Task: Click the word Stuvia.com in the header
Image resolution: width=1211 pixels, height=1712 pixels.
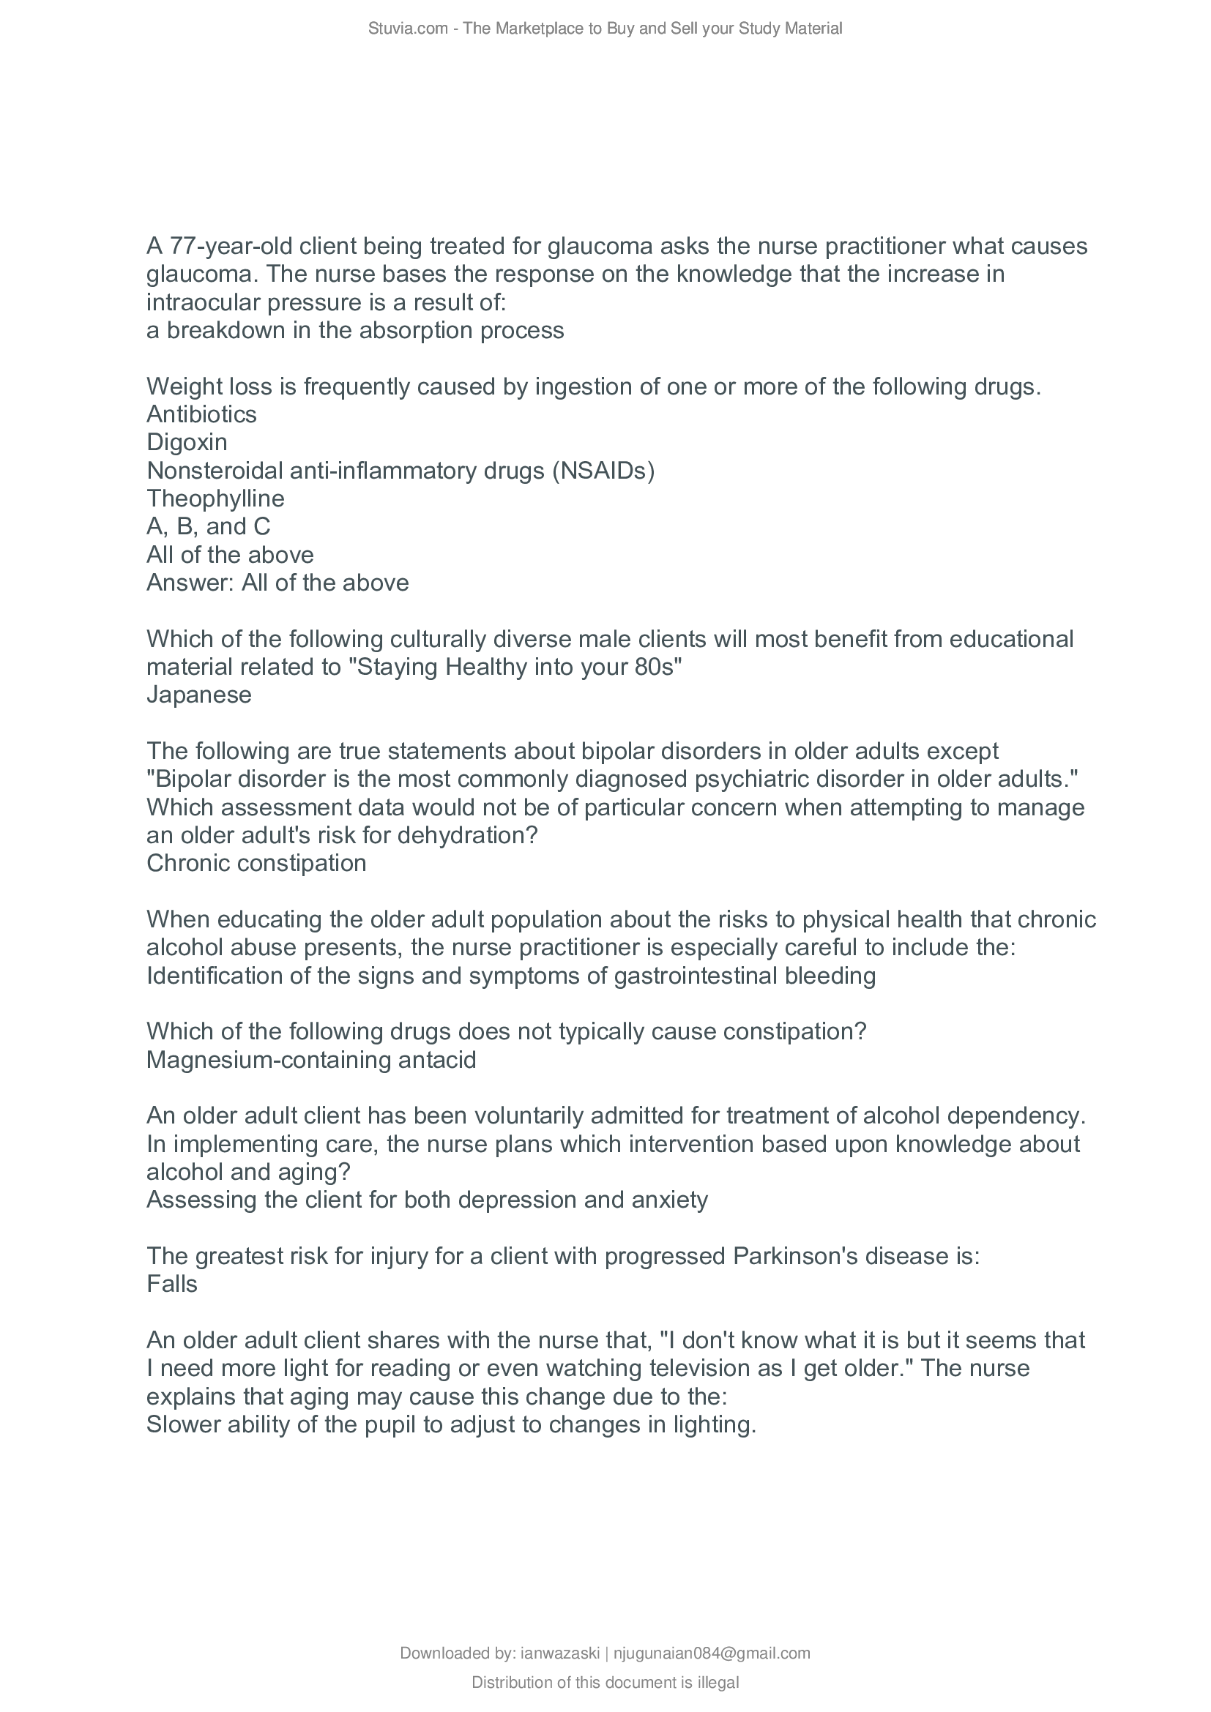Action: point(407,29)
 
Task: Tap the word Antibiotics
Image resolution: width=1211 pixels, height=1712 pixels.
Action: point(201,414)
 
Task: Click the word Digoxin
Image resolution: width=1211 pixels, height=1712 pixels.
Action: point(187,443)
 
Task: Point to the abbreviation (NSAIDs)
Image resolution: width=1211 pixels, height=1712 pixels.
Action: point(603,471)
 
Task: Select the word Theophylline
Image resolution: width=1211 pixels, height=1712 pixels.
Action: point(215,499)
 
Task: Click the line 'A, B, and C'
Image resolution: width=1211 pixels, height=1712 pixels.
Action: point(208,527)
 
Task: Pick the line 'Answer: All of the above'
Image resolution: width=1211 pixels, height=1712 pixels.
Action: point(277,583)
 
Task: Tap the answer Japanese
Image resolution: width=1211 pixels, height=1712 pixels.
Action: point(199,695)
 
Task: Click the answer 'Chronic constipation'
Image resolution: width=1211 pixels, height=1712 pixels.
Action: point(256,864)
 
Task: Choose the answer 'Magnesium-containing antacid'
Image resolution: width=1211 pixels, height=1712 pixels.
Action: point(311,1060)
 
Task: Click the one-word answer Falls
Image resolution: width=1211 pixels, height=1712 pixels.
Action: point(171,1284)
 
